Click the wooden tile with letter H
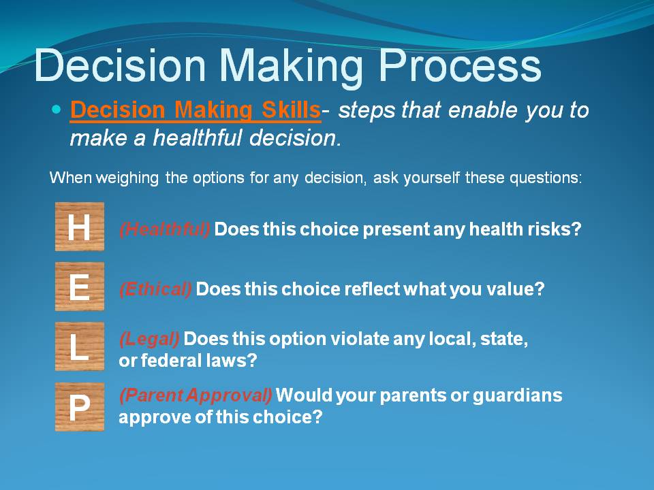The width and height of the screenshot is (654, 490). (x=80, y=226)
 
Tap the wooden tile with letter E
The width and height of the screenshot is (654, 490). (x=80, y=287)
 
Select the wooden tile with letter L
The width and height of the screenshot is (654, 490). (x=80, y=346)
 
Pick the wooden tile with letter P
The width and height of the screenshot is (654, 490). (x=80, y=407)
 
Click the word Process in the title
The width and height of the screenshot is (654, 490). (x=460, y=66)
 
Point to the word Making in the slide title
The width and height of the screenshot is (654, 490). (x=291, y=68)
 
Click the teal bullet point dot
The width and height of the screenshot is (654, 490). (x=57, y=110)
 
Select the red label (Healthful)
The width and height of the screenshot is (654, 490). (x=165, y=229)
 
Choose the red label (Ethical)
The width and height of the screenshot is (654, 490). (x=155, y=289)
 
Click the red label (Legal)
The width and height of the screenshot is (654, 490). (x=149, y=339)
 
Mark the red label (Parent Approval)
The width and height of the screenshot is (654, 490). (x=196, y=395)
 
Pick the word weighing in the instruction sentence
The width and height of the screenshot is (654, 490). (x=127, y=178)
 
